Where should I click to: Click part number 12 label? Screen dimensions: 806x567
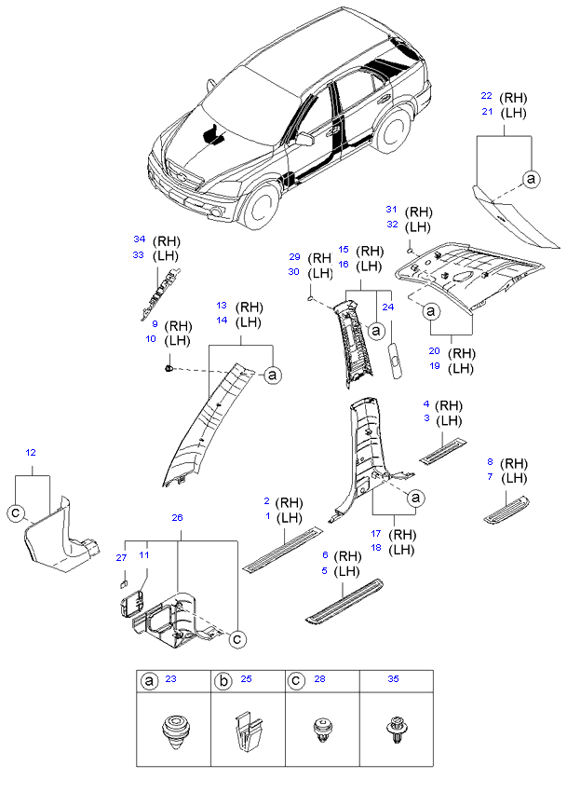click(x=31, y=452)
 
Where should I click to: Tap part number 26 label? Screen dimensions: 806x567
click(x=177, y=518)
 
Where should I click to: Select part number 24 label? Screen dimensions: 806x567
click(x=388, y=307)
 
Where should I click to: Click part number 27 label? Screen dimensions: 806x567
click(x=119, y=557)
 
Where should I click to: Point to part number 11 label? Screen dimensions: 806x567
click(x=144, y=557)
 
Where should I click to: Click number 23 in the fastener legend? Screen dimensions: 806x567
click(x=170, y=681)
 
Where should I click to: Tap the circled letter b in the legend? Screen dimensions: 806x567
click(x=223, y=681)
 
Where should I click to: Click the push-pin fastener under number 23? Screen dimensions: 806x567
click(x=172, y=731)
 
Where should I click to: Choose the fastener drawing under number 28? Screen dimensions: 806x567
click(x=323, y=731)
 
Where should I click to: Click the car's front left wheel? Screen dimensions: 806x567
click(x=263, y=206)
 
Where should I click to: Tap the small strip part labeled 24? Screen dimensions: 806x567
click(x=396, y=359)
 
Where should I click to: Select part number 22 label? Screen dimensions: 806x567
click(x=486, y=97)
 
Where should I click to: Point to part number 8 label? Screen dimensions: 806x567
click(x=491, y=462)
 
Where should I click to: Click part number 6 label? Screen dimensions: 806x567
click(x=325, y=555)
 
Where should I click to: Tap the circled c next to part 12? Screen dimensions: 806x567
click(x=15, y=511)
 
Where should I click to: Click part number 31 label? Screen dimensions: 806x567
click(x=392, y=212)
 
